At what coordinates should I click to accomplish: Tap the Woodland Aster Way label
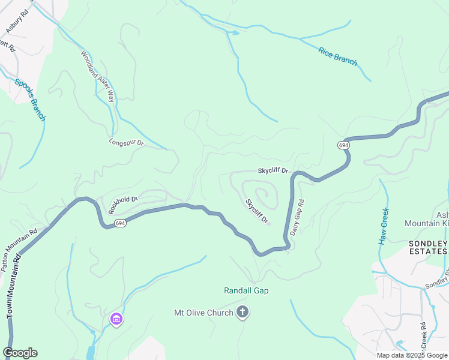pos(97,76)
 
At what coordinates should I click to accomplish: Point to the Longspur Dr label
pos(127,143)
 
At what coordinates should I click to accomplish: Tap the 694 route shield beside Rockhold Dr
pos(120,223)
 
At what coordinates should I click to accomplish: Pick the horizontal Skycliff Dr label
pos(273,171)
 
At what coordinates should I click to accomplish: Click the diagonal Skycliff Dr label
pos(256,212)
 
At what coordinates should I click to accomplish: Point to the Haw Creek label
pos(385,226)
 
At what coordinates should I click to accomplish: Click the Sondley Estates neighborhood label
pos(427,247)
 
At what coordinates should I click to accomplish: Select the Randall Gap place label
pos(246,290)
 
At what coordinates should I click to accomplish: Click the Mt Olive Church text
pos(203,313)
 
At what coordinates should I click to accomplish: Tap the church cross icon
pos(243,312)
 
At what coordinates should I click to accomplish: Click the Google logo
pos(20,353)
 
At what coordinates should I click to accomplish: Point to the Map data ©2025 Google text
pos(411,355)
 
